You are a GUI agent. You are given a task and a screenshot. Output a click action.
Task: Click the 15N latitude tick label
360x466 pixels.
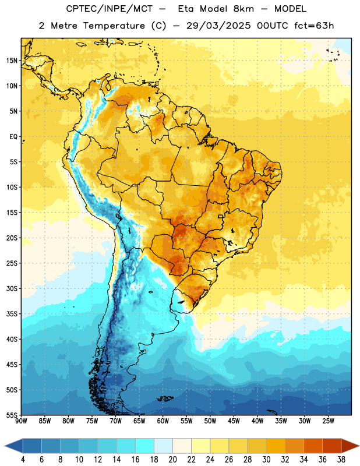[x=12, y=61]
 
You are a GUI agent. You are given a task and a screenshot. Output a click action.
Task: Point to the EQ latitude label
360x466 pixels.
[x=13, y=137]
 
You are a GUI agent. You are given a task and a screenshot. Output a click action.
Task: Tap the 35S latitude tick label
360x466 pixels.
[x=12, y=314]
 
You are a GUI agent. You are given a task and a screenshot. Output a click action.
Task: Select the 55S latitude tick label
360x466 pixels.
[x=12, y=415]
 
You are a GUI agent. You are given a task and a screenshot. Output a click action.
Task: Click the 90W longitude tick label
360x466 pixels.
[x=21, y=421]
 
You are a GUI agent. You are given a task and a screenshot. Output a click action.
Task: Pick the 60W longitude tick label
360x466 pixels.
[x=163, y=421]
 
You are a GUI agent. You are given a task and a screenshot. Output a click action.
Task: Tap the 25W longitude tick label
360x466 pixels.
[x=328, y=421]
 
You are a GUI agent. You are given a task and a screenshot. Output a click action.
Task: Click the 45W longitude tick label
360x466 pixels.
[x=234, y=421]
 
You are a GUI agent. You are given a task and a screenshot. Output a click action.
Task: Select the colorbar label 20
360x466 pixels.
[x=172, y=460]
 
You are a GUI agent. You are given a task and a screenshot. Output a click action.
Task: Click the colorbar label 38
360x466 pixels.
[x=341, y=460]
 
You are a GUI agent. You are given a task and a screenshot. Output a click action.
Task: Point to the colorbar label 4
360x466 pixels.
[x=23, y=460]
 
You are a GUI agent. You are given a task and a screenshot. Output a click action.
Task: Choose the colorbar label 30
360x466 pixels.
[x=266, y=460]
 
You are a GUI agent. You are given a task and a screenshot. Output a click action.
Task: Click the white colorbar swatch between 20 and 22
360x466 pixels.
[x=182, y=446]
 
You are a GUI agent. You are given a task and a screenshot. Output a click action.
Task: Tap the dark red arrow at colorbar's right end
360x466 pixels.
[x=350, y=446]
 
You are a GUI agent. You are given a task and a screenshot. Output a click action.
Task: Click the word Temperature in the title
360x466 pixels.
[x=114, y=26]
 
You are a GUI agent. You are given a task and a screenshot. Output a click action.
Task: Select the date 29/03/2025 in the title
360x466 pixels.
[x=218, y=26]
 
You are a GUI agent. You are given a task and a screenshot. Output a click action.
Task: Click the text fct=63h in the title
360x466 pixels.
[x=314, y=26]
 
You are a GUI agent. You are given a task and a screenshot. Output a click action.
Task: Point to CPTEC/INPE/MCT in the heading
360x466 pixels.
[x=109, y=9]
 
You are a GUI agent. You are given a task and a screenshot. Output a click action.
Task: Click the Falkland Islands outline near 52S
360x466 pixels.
[x=165, y=398]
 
